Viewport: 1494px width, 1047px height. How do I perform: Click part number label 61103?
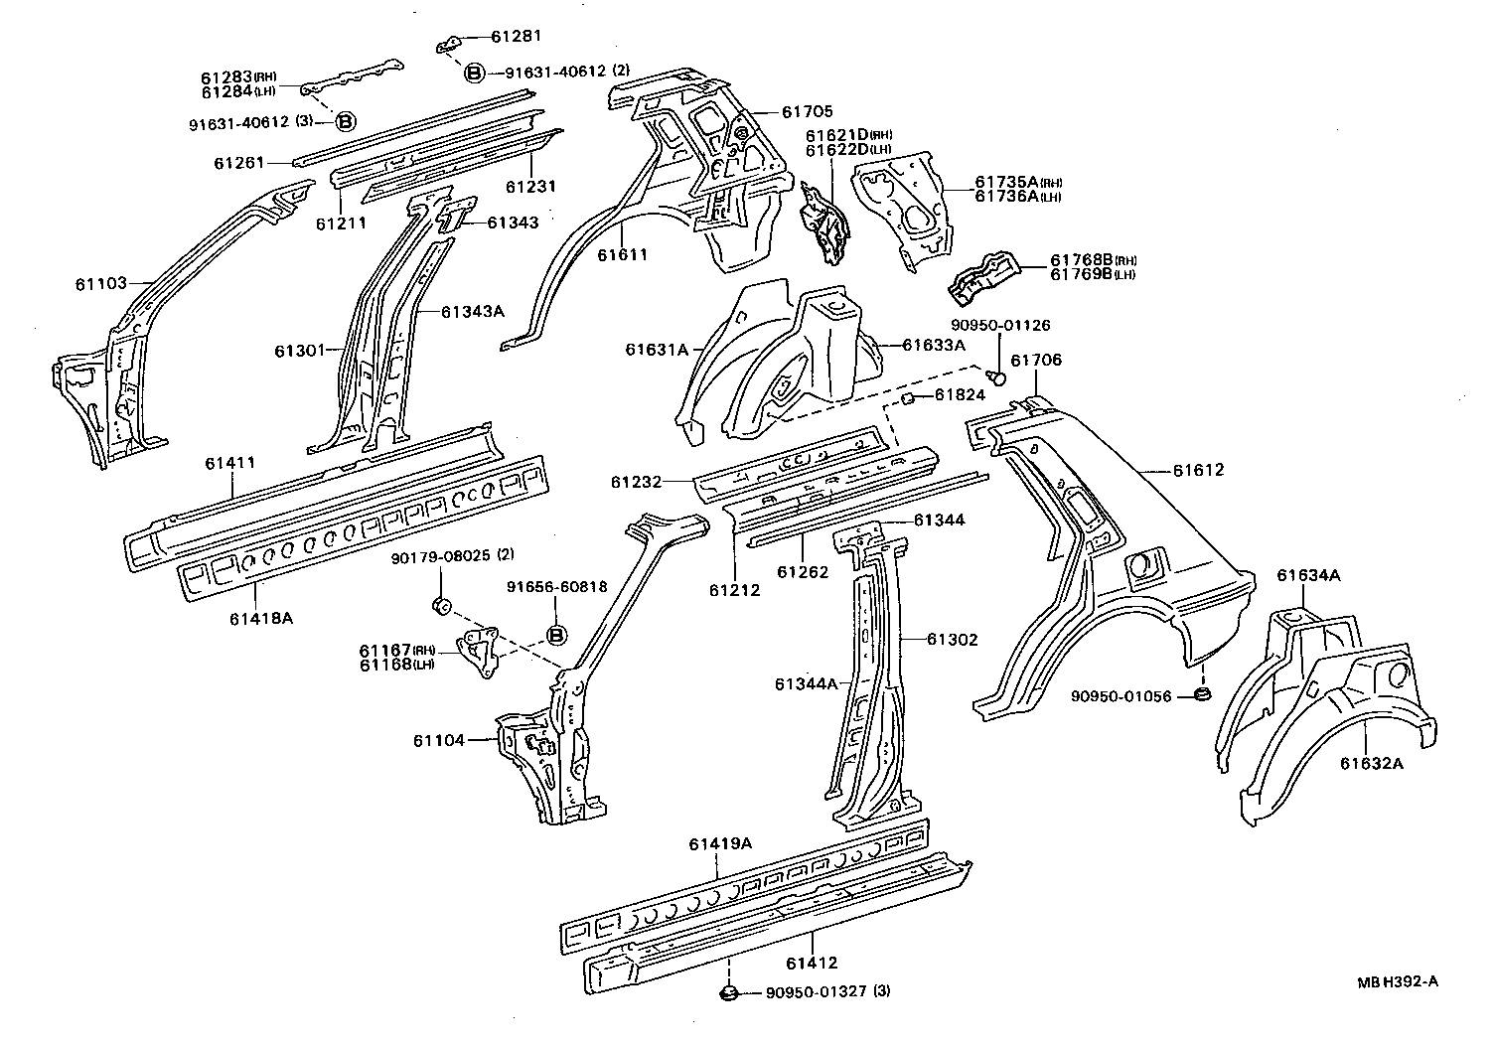click(x=100, y=283)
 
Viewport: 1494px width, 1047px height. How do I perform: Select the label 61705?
click(x=807, y=112)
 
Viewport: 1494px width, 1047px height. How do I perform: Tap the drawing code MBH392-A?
click(x=1398, y=981)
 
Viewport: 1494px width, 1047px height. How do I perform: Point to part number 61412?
click(x=812, y=963)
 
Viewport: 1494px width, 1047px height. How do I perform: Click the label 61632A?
click(x=1371, y=763)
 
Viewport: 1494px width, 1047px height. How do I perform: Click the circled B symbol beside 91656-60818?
click(x=556, y=635)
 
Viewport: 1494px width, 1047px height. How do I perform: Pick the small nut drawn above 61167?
click(x=443, y=604)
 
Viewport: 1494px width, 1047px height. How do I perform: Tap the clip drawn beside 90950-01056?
click(x=1201, y=691)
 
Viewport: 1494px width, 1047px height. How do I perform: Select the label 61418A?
click(x=261, y=618)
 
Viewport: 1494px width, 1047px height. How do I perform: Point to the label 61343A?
click(x=473, y=311)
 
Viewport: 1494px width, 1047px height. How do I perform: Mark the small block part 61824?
click(x=906, y=399)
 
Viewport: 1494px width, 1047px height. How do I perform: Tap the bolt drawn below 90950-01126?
click(x=1000, y=376)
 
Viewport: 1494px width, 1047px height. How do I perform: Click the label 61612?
click(x=1198, y=470)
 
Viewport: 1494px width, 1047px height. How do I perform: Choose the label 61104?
click(x=439, y=740)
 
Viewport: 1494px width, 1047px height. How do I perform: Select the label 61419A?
click(x=720, y=844)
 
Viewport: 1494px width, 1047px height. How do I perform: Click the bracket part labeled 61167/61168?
click(x=481, y=654)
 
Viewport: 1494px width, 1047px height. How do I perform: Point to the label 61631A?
click(x=657, y=349)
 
